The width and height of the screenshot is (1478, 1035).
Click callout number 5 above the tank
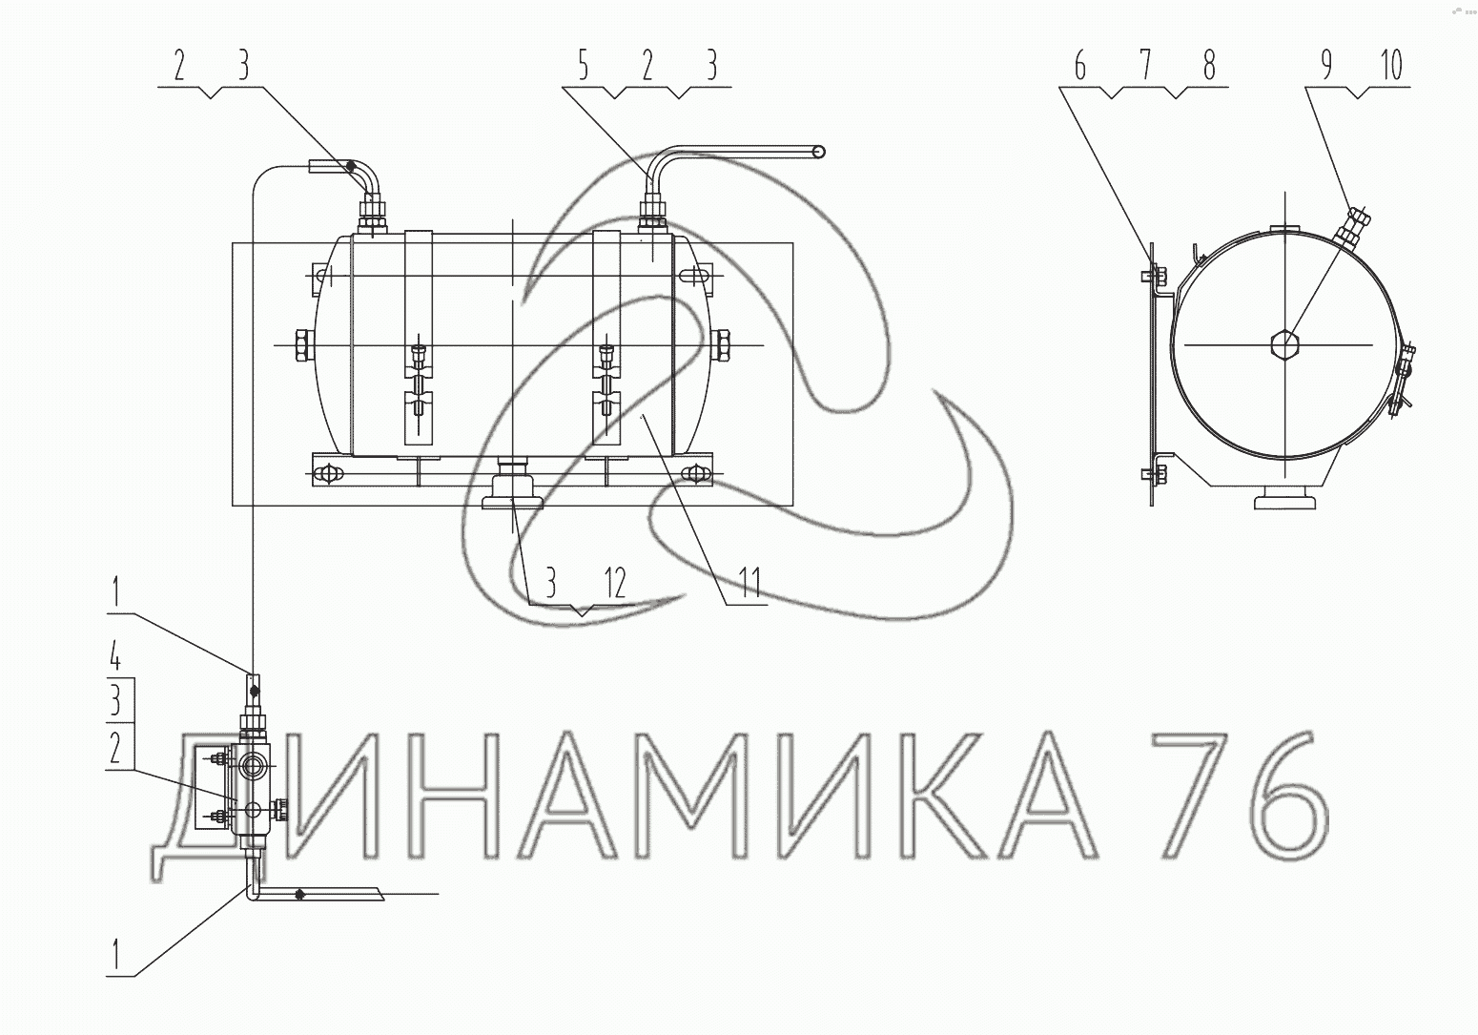(x=584, y=66)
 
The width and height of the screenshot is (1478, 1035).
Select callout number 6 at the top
(x=1080, y=66)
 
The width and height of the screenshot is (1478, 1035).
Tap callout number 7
(x=1145, y=66)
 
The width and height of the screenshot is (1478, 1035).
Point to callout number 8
(x=1209, y=66)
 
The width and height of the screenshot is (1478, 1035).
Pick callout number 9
(x=1326, y=65)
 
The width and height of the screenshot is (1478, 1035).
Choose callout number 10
(x=1391, y=65)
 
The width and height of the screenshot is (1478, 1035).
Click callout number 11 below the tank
(x=749, y=582)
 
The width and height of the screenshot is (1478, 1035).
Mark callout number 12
(x=615, y=582)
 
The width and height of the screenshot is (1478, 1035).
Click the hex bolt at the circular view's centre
(x=1284, y=344)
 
